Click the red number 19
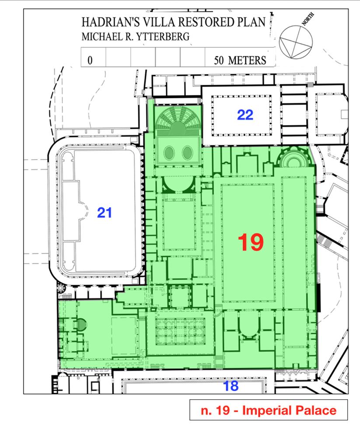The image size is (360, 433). click(251, 242)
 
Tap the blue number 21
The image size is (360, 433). click(104, 213)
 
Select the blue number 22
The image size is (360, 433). click(245, 115)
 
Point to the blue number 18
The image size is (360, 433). click(231, 386)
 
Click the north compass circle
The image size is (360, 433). click(296, 42)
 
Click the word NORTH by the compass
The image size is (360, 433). click(308, 19)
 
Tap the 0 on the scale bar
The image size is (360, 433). click(90, 60)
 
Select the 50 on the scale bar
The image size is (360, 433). click(219, 60)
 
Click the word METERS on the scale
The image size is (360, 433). click(247, 60)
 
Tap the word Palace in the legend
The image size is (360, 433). click(317, 410)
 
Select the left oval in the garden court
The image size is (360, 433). click(169, 153)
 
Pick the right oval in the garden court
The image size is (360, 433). click(188, 153)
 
